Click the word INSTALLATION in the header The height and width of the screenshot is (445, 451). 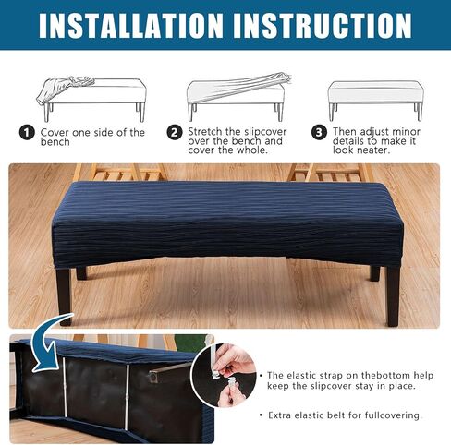[130, 26]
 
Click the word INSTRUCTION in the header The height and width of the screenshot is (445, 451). [323, 26]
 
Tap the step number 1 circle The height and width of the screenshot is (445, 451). [27, 133]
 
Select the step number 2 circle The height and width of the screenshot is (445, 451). [175, 133]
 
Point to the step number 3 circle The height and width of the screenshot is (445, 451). [319, 133]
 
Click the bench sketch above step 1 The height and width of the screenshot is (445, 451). [91, 98]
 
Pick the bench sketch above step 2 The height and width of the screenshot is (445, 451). [238, 96]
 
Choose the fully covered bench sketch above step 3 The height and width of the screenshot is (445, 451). [375, 101]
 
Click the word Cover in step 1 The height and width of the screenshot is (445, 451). [55, 133]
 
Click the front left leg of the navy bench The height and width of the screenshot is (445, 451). [64, 296]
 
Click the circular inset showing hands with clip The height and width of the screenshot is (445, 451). [224, 375]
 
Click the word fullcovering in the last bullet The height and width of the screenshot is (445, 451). [394, 415]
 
